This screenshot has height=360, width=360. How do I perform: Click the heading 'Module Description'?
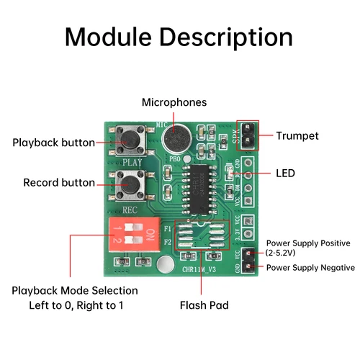click(179, 37)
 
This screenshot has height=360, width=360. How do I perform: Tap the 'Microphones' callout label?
click(174, 103)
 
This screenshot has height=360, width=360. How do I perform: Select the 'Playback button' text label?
click(53, 143)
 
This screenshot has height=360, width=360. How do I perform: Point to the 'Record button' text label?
click(59, 183)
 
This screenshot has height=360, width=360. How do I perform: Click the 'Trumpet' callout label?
click(297, 135)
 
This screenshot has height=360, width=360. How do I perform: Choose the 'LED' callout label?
click(286, 174)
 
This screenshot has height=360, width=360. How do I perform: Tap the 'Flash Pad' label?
click(204, 305)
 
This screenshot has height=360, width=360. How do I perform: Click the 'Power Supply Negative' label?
click(310, 268)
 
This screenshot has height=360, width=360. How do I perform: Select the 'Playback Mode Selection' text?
click(75, 291)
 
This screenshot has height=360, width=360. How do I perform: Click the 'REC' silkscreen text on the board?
click(130, 210)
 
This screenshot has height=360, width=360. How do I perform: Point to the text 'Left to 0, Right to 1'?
click(67, 305)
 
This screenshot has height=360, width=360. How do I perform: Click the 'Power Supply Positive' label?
click(308, 243)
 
